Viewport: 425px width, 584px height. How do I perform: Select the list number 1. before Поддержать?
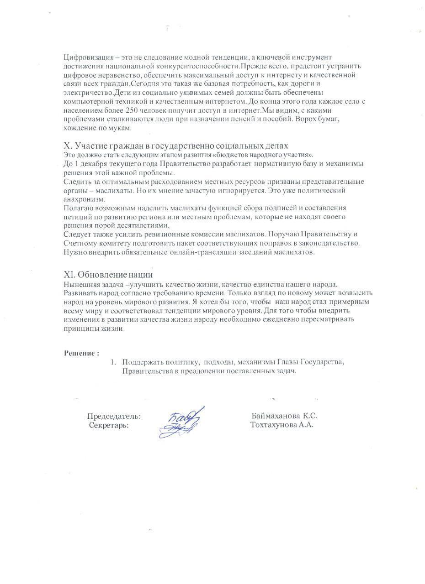tap(113, 362)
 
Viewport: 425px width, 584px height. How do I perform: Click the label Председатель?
tap(114, 417)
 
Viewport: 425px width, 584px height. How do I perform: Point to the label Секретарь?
tap(109, 425)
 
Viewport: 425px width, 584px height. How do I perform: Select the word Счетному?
tap(80, 243)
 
